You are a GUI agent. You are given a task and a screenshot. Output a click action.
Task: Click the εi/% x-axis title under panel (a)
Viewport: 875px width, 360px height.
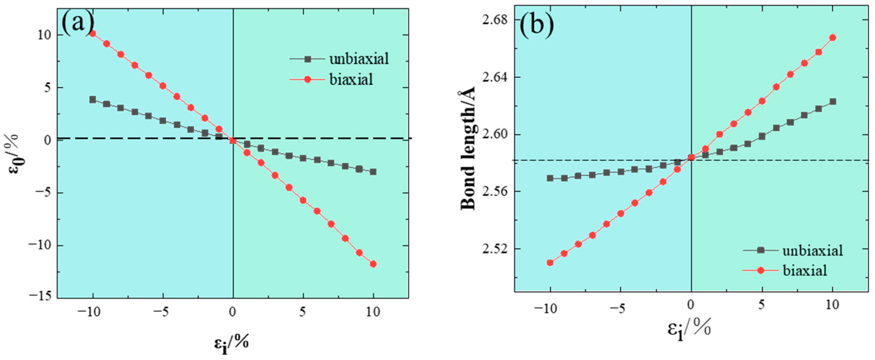pyautogui.click(x=231, y=343)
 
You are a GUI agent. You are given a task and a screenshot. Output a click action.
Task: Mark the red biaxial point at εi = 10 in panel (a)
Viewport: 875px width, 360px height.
pyautogui.click(x=373, y=264)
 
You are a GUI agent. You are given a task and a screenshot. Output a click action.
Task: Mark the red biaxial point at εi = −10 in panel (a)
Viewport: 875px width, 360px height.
pyautogui.click(x=92, y=33)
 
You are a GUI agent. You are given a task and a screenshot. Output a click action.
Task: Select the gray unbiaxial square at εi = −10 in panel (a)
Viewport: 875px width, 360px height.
pyautogui.click(x=92, y=99)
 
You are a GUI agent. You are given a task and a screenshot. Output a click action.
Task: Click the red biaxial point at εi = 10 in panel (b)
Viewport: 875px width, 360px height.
pyautogui.click(x=832, y=38)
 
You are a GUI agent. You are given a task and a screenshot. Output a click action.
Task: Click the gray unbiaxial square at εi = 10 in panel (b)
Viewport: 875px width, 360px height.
pyautogui.click(x=832, y=102)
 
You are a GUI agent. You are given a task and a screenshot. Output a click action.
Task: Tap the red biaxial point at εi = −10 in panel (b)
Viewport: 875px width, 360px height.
pyautogui.click(x=550, y=263)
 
